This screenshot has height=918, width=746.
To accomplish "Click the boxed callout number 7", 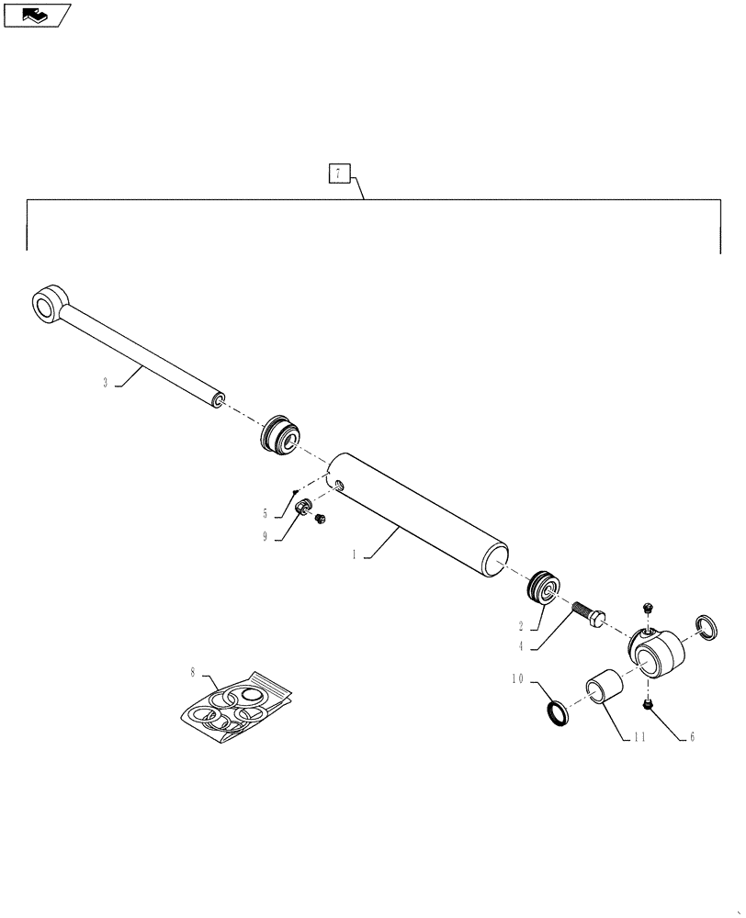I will pyautogui.click(x=339, y=174).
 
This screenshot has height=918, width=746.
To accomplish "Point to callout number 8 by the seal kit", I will pyautogui.click(x=193, y=673).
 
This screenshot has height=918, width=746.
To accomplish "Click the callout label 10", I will pyautogui.click(x=517, y=680).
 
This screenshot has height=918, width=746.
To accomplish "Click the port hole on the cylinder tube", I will pyautogui.click(x=341, y=487).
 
